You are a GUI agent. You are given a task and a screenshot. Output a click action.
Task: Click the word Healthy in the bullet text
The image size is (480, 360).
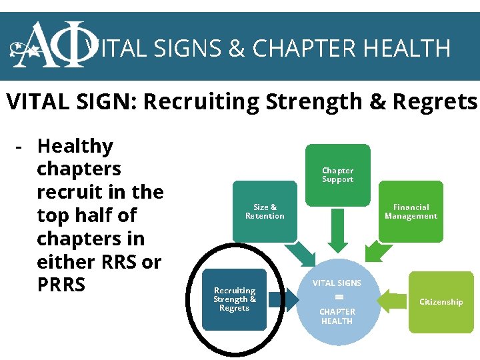[75, 146]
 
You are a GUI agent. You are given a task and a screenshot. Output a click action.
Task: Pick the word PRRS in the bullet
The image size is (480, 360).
[61, 285]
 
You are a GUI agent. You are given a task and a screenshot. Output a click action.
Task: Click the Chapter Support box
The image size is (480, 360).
[337, 175]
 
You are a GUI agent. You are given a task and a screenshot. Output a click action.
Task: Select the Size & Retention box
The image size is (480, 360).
[265, 211]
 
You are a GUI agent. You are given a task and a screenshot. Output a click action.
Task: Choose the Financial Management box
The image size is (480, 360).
[411, 211]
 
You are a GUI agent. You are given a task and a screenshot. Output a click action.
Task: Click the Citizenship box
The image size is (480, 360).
[441, 302]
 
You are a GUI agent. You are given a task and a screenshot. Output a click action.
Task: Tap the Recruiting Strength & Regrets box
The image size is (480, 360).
[234, 299]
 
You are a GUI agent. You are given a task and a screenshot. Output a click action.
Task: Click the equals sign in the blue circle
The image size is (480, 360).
[338, 297]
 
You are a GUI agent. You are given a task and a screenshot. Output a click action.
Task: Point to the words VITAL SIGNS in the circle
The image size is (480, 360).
[337, 283]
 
